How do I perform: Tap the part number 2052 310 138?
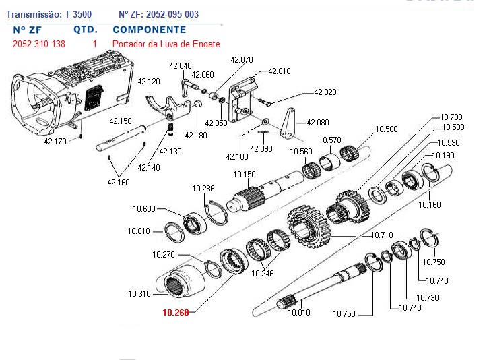click(x=39, y=44)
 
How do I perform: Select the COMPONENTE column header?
click(x=149, y=30)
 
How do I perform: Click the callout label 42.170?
click(x=55, y=142)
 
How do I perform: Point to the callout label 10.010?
click(x=299, y=312)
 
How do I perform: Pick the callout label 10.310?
click(x=139, y=293)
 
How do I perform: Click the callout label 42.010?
click(x=280, y=71)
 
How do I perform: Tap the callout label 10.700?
click(x=451, y=117)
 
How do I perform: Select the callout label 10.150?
click(x=245, y=175)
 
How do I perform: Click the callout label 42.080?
click(x=318, y=123)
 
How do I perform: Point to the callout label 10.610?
click(x=139, y=231)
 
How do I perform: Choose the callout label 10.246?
click(x=263, y=273)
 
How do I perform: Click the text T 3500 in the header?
click(x=78, y=14)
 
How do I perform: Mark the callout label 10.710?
click(x=382, y=235)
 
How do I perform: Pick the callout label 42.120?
click(x=149, y=82)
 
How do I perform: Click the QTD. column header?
click(x=86, y=30)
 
